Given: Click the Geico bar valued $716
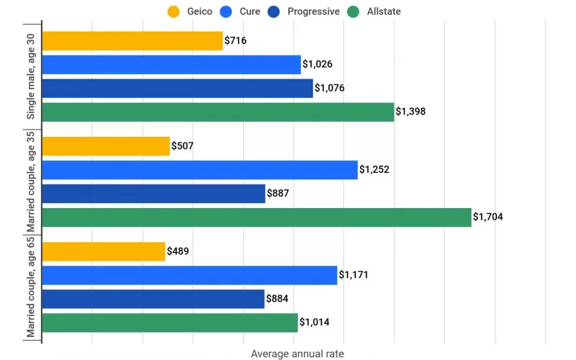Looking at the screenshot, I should (132, 41).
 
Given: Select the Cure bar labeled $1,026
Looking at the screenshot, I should (171, 65).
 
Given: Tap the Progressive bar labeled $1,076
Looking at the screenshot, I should (177, 89).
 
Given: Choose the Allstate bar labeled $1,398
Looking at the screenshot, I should (218, 112).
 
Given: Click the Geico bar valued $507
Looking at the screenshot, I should (106, 146).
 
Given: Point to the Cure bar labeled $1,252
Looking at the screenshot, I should (200, 170).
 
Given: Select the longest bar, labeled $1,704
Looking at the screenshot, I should (256, 217).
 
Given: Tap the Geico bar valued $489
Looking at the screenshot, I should (104, 251).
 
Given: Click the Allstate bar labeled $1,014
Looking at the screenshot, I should (170, 323).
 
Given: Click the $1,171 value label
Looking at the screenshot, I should (354, 275).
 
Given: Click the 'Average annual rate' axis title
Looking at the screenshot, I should (297, 354).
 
